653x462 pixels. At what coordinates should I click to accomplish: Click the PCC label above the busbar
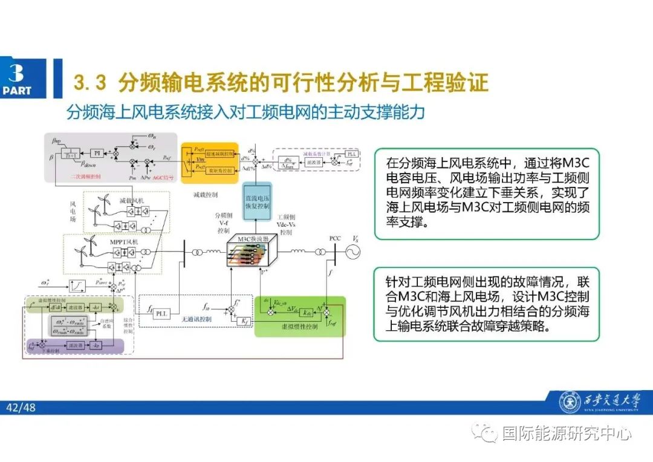tap(336, 239)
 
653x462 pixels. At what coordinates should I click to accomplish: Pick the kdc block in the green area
tap(307, 313)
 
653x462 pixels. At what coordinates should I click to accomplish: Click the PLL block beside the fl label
tap(161, 313)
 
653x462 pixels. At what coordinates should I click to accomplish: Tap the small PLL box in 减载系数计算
tap(352, 154)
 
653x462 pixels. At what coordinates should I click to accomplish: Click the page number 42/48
tap(21, 408)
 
